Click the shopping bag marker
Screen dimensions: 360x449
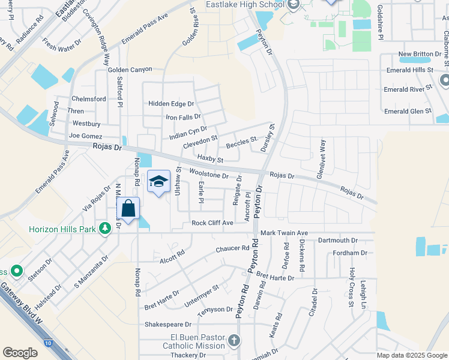pos(128,209)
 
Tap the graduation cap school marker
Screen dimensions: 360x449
pos(158,182)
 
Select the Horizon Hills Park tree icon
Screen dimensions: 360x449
pos(105,229)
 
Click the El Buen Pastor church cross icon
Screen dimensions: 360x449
pos(234,341)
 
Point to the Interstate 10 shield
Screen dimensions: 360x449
pos(47,343)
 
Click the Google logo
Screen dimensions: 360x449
pos(20,352)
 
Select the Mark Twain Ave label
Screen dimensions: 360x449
pos(283,232)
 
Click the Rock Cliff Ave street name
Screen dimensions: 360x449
pos(212,223)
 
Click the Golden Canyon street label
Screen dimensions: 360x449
pos(130,70)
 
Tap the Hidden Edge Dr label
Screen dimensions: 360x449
pos(171,103)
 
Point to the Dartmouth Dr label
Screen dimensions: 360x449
pos(337,240)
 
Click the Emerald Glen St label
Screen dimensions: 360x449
pos(408,111)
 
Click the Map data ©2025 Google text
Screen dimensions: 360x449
pos(412,355)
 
